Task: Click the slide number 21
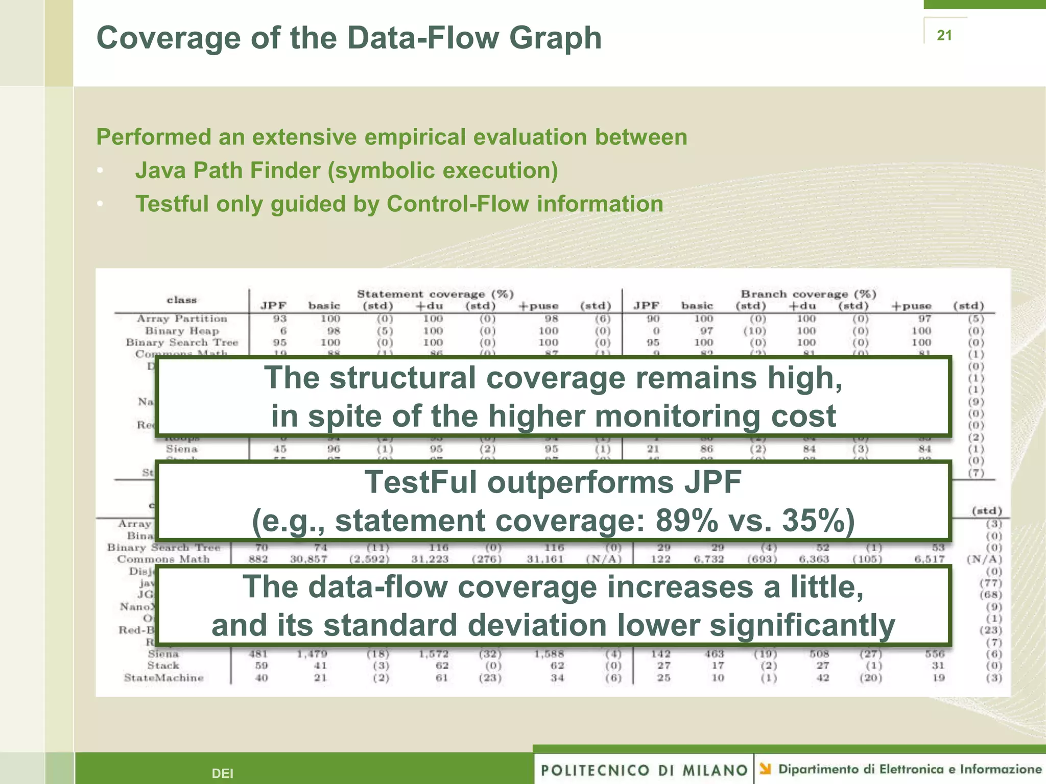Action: [944, 35]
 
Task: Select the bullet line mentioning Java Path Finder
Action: [346, 170]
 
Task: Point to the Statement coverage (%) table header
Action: [435, 294]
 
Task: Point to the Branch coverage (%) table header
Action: [809, 294]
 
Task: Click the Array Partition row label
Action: [182, 318]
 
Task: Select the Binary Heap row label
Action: [182, 331]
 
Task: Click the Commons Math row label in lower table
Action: [163, 559]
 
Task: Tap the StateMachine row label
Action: [163, 678]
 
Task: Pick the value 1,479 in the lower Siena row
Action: [312, 654]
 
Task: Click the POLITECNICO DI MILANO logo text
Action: [644, 770]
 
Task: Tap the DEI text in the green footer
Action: [222, 773]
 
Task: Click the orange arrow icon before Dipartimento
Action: [765, 768]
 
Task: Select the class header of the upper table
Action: [182, 300]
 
